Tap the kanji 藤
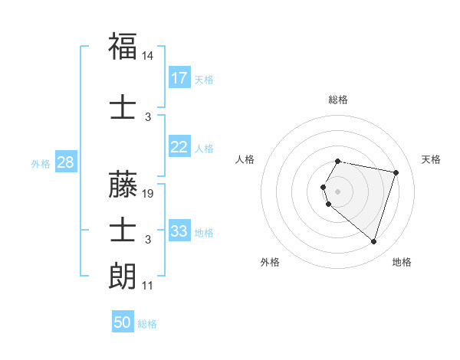123,184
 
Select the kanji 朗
123,275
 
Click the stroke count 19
149,194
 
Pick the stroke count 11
147,286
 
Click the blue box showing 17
179,78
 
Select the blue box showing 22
179,147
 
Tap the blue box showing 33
179,231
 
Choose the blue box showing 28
65,162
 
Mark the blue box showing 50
123,322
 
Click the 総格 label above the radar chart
338,100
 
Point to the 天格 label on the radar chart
431,159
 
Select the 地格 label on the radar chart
402,262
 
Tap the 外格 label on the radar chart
270,262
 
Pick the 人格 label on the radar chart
245,159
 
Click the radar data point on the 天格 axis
396,172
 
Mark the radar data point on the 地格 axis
373,242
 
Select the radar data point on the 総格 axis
338,161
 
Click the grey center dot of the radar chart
338,191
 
